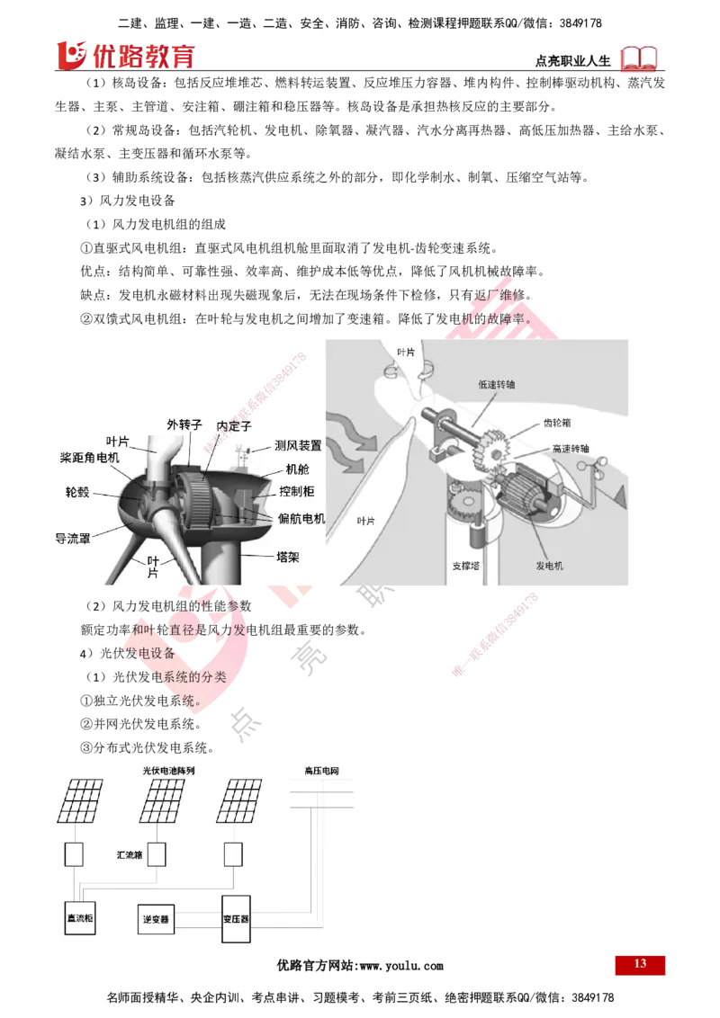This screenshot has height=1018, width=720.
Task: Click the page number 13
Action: coord(640,964)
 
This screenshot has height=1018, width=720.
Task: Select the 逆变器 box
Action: coord(157,920)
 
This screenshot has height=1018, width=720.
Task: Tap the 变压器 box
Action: coord(236,920)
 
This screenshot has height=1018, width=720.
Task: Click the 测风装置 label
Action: coord(298,446)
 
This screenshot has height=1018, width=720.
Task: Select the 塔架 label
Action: coord(287,557)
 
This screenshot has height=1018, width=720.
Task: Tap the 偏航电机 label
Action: coord(301,519)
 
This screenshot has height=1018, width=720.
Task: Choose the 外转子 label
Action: coord(184,424)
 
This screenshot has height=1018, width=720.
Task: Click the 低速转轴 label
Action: coord(497,384)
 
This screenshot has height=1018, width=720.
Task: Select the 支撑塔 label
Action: coord(468,567)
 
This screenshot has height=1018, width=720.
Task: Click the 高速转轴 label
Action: coord(572,447)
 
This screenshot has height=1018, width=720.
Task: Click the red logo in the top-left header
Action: coord(125,56)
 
